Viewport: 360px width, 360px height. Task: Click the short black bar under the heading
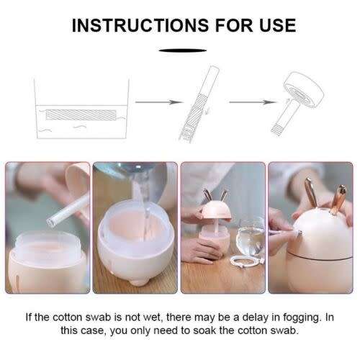tap(179, 50)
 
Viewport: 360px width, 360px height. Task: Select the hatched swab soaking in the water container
tap(81, 114)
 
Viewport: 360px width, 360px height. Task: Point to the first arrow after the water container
tap(156, 102)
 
